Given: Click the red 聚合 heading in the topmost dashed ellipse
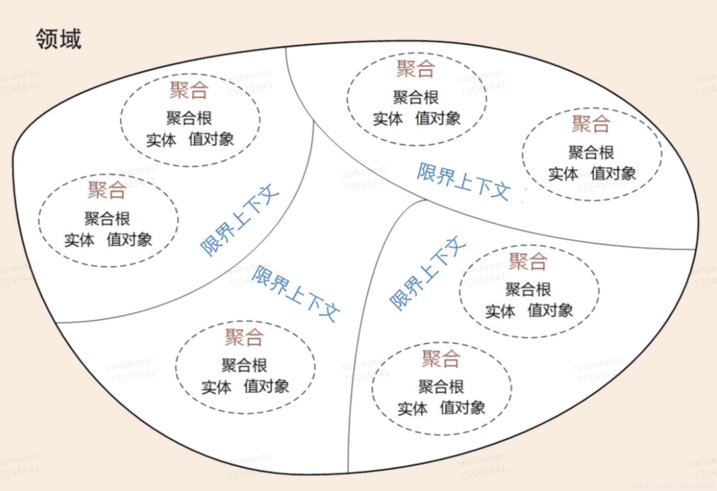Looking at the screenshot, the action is [416, 69].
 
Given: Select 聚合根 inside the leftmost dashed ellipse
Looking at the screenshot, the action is [107, 219].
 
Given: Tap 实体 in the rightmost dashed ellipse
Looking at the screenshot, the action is [563, 174].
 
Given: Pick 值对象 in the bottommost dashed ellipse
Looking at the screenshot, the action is [463, 408].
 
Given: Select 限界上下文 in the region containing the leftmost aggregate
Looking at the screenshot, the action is [239, 220].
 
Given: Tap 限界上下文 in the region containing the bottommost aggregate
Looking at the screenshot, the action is [427, 273].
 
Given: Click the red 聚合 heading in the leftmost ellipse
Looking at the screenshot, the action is [107, 190].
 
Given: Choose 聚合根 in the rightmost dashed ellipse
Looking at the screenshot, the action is [591, 153].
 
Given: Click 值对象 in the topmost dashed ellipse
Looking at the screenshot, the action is [438, 119].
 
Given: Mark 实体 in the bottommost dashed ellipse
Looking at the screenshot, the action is [413, 408].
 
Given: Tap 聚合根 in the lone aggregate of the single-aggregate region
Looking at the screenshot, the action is [244, 365].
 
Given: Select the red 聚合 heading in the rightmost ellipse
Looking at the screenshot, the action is [591, 124].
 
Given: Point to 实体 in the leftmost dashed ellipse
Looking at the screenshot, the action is [79, 240].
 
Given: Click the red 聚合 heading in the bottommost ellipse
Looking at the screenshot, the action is [441, 359].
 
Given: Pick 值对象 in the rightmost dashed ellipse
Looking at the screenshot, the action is [613, 174].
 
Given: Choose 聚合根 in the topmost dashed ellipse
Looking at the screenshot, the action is [416, 98].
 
